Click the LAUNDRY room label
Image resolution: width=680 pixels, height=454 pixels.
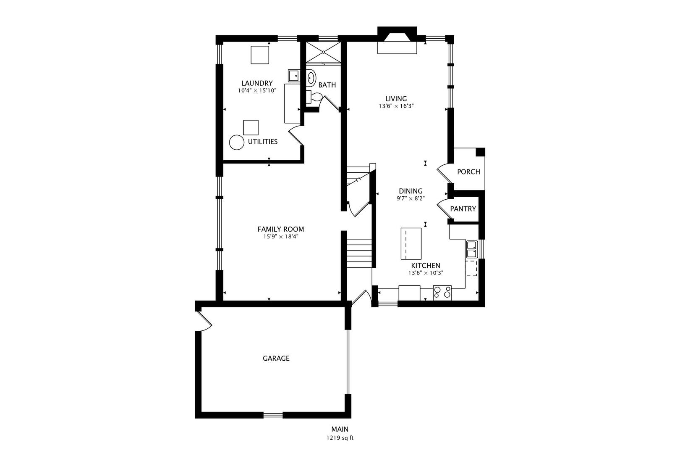point(257,83)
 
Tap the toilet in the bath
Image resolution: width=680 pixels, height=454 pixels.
point(313,97)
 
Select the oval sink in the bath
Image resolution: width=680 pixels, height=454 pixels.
point(311,78)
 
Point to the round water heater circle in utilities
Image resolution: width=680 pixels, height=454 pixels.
point(237,142)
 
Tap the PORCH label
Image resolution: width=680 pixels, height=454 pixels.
point(468,172)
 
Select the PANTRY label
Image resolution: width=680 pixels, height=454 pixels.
point(463,209)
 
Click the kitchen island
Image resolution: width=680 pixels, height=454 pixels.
point(411,244)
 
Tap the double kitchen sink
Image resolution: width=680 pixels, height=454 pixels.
point(471,249)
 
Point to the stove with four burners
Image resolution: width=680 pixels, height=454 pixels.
point(442,293)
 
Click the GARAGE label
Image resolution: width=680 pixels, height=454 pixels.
point(276,358)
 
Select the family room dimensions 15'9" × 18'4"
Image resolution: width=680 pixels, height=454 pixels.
point(281,237)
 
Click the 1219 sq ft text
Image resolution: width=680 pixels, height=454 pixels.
point(340,438)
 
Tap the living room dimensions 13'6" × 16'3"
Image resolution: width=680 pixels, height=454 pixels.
point(396,106)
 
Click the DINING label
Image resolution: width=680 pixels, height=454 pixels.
point(411,191)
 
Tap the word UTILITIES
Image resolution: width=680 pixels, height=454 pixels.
point(262,142)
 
